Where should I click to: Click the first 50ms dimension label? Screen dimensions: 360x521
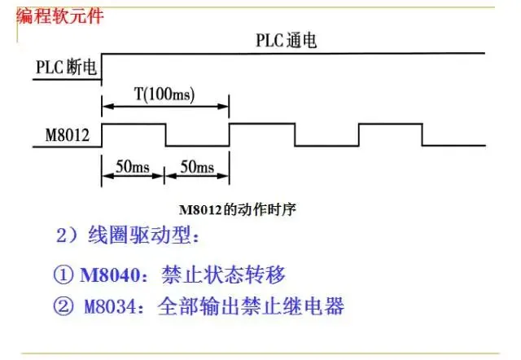(x=133, y=167)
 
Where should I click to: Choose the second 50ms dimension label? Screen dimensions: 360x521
(x=196, y=167)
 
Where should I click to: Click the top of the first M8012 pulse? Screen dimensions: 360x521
(x=133, y=124)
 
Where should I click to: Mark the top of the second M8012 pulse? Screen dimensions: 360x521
(x=261, y=124)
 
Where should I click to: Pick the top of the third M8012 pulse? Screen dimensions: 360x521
(x=390, y=124)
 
